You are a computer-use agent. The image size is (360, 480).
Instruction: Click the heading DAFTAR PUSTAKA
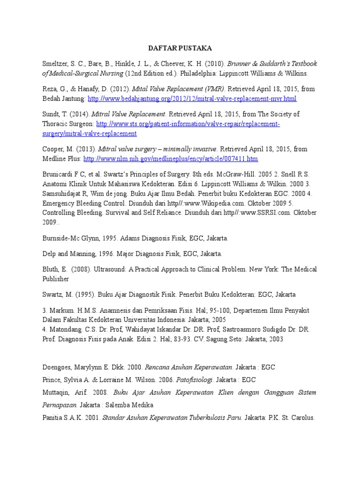click(x=180, y=48)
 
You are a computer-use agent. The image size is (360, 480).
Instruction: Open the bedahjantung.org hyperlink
click(x=192, y=99)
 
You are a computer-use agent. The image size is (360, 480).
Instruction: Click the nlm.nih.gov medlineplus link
click(x=171, y=159)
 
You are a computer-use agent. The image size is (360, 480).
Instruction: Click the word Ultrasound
click(x=109, y=269)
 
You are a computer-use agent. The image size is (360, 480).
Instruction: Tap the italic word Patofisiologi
click(x=184, y=379)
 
